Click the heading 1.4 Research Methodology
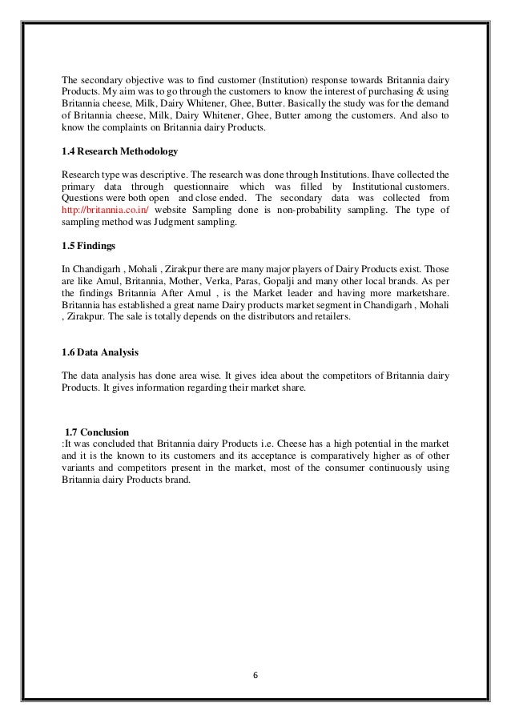[119, 151]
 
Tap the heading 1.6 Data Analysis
[100, 353]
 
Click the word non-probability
[320, 208]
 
